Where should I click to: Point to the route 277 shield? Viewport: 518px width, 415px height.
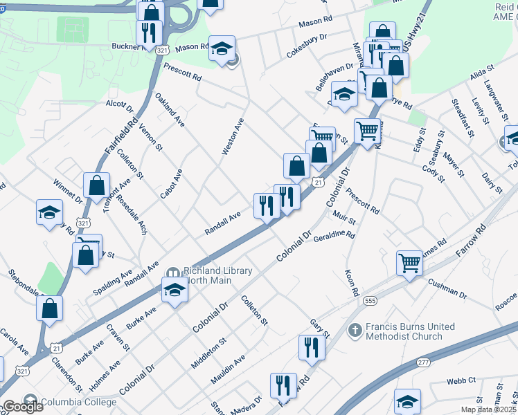pyautogui.click(x=424, y=362)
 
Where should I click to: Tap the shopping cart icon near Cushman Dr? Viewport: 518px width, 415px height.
pyautogui.click(x=409, y=263)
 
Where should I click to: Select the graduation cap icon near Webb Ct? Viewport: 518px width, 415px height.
pyautogui.click(x=407, y=400)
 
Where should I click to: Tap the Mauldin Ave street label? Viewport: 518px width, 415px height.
pyautogui.click(x=228, y=370)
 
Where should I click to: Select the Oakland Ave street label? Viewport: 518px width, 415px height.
pyautogui.click(x=170, y=110)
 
